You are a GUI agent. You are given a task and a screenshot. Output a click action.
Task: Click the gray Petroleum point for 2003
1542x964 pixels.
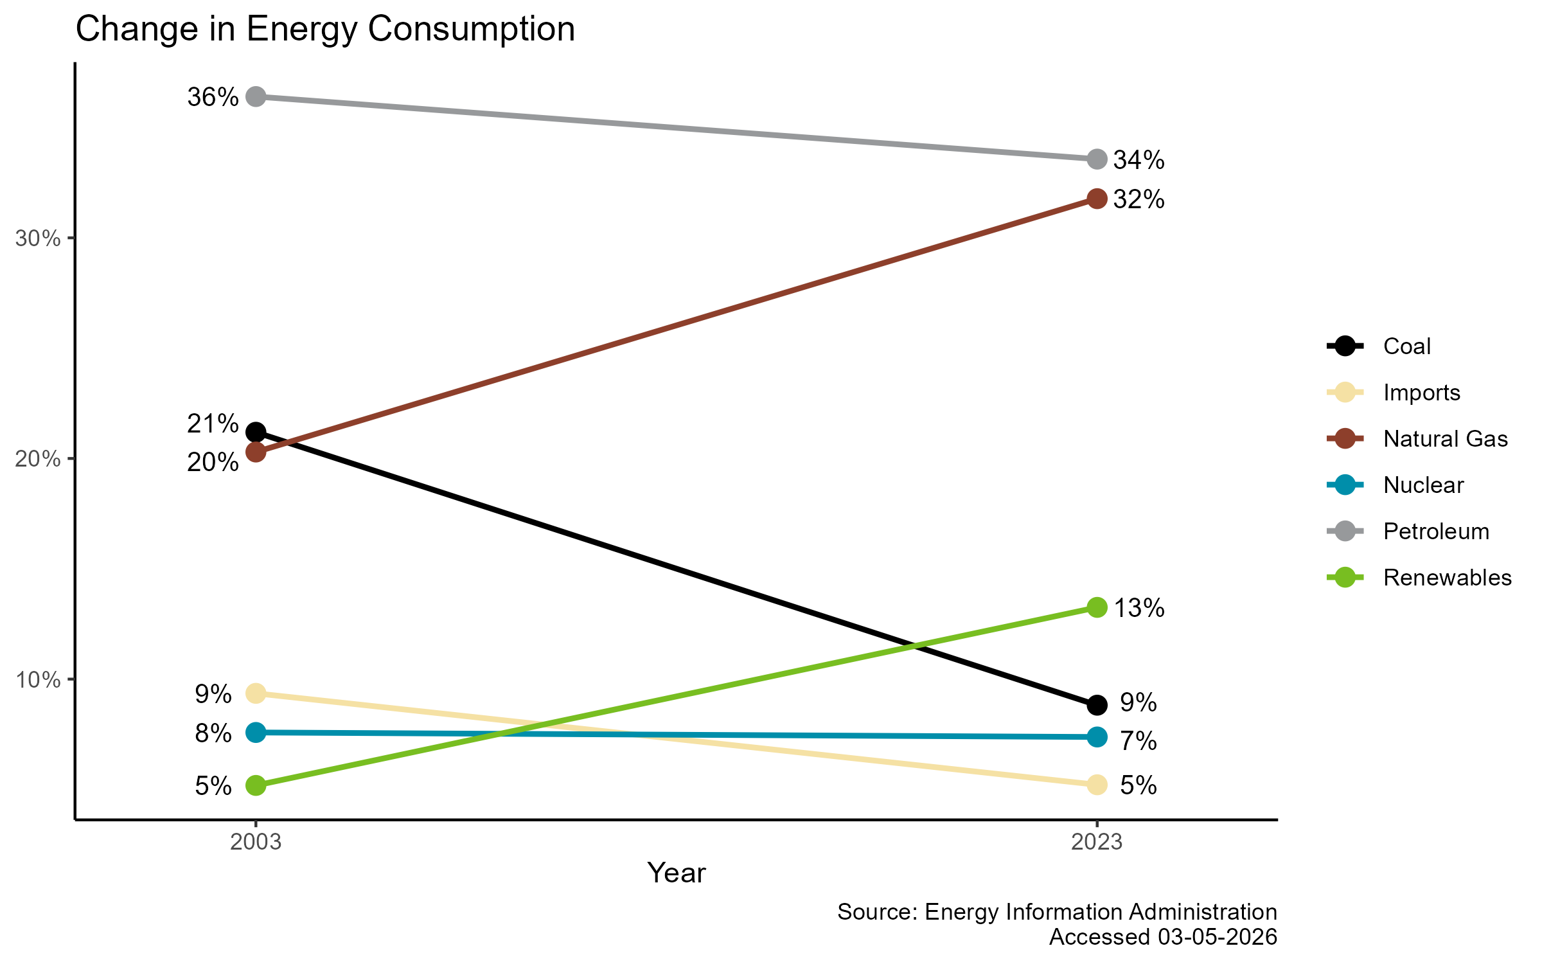pos(256,97)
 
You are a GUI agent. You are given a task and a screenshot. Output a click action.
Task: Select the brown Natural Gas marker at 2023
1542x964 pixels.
pos(1097,199)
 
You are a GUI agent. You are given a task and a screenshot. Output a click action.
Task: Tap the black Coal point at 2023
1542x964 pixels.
pos(1097,704)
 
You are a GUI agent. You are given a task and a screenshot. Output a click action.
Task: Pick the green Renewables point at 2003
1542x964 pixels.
pos(256,785)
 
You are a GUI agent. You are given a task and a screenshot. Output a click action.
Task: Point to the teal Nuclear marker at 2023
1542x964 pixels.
pos(1097,736)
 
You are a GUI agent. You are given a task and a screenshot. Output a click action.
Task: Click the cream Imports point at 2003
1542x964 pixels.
pos(256,693)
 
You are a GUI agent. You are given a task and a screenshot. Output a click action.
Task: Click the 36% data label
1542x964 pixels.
pos(213,98)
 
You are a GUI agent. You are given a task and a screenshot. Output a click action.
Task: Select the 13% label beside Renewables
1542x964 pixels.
pos(1139,608)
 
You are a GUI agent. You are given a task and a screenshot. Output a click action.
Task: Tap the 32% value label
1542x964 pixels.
pos(1139,200)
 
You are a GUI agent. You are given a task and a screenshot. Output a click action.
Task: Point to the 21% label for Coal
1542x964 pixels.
pos(213,424)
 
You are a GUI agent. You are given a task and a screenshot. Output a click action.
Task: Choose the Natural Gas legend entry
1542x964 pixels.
pos(1445,439)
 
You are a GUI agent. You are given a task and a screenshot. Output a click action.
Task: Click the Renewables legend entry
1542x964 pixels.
pos(1447,578)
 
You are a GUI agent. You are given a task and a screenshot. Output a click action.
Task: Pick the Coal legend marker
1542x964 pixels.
pos(1345,346)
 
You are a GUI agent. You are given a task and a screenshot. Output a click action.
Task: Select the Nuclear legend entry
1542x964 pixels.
pos(1423,485)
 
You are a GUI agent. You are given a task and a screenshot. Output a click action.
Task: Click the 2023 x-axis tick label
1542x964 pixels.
pos(1097,842)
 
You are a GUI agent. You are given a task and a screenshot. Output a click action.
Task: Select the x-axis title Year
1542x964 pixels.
pos(676,873)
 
